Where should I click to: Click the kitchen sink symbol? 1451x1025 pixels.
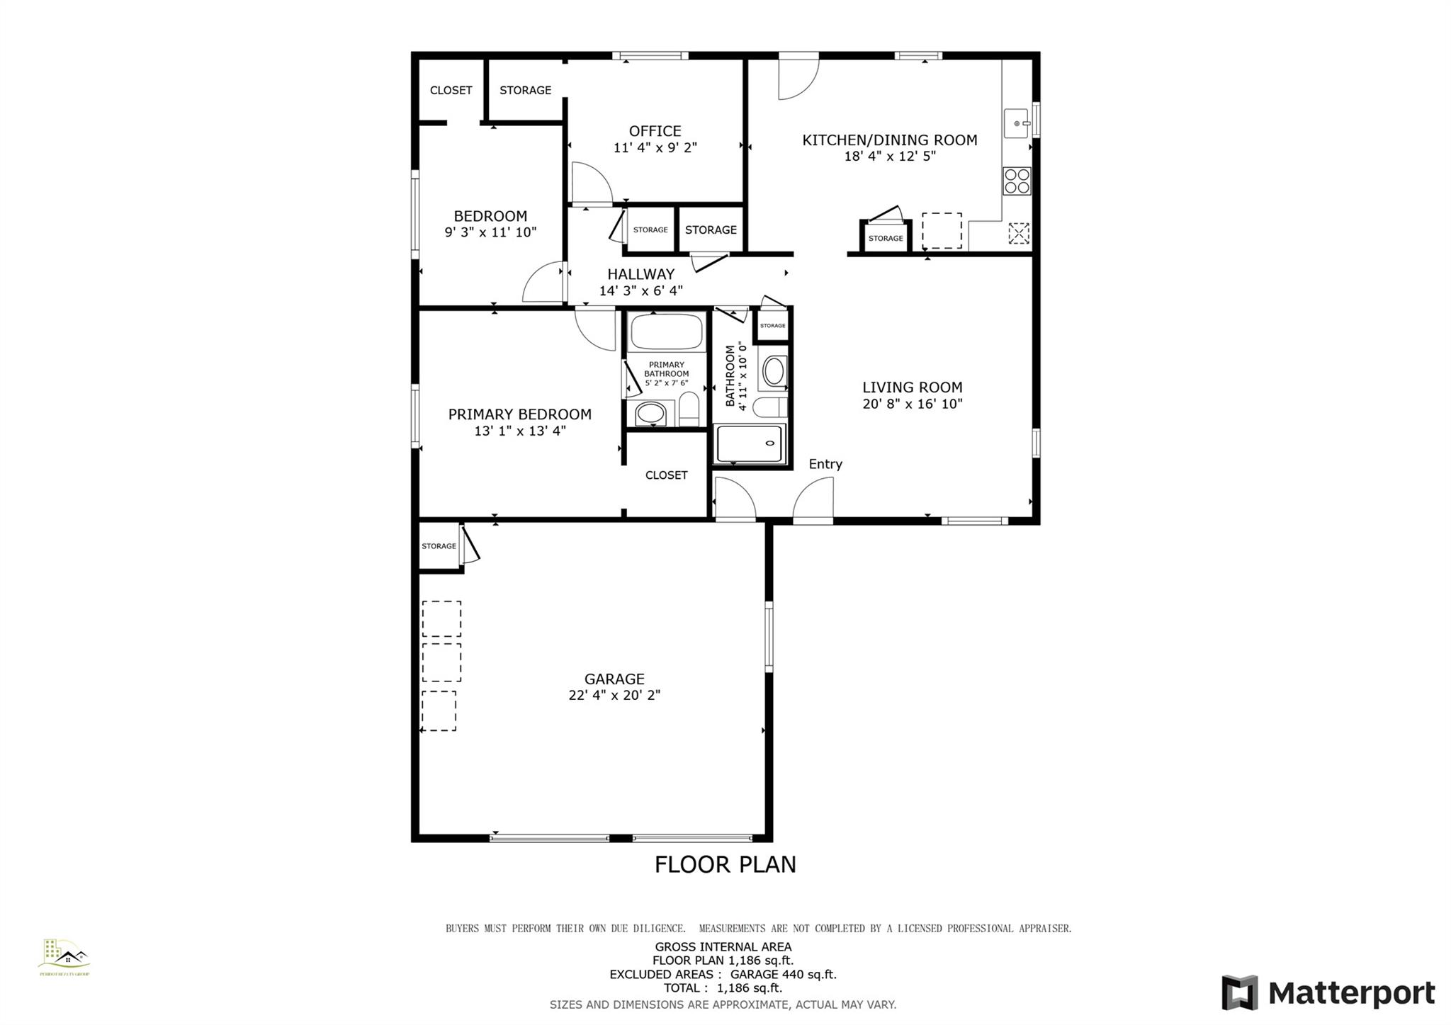1017,123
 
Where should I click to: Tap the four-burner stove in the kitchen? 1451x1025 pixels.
1017,181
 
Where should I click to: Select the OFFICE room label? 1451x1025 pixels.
655,131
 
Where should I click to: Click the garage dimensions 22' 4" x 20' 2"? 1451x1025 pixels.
614,696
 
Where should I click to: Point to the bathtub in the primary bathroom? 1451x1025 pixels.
666,332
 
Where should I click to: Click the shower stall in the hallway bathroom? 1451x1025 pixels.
750,443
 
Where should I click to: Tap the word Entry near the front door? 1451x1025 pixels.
825,464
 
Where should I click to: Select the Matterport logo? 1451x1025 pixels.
1328,992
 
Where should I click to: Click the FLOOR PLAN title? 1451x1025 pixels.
725,864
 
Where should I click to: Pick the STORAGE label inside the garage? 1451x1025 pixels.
439,546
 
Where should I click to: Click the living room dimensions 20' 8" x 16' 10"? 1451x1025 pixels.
912,404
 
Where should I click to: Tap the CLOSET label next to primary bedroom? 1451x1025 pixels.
666,475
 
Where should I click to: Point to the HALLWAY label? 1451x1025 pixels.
640,274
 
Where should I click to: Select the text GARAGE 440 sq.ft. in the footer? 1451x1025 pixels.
784,974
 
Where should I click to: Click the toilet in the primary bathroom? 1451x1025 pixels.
689,410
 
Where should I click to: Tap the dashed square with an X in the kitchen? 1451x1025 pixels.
1018,233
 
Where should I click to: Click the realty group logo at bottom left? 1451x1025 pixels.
64,957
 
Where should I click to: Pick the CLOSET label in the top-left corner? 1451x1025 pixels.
451,90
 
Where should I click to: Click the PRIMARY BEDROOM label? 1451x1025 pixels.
519,414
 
